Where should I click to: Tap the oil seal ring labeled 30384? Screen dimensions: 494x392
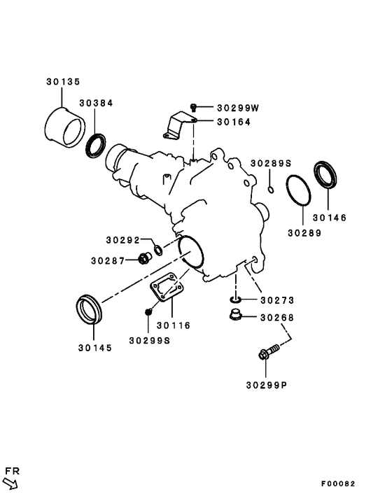click(95, 146)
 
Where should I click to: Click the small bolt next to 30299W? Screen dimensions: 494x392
click(194, 108)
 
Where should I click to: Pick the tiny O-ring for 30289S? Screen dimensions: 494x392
click(270, 188)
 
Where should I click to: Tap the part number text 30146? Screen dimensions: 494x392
click(329, 217)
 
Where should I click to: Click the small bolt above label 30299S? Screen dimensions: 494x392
click(148, 312)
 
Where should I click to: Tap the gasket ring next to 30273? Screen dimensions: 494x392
click(236, 301)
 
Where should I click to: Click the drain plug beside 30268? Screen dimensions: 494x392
click(237, 318)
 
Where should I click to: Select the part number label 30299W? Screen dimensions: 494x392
click(237, 108)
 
